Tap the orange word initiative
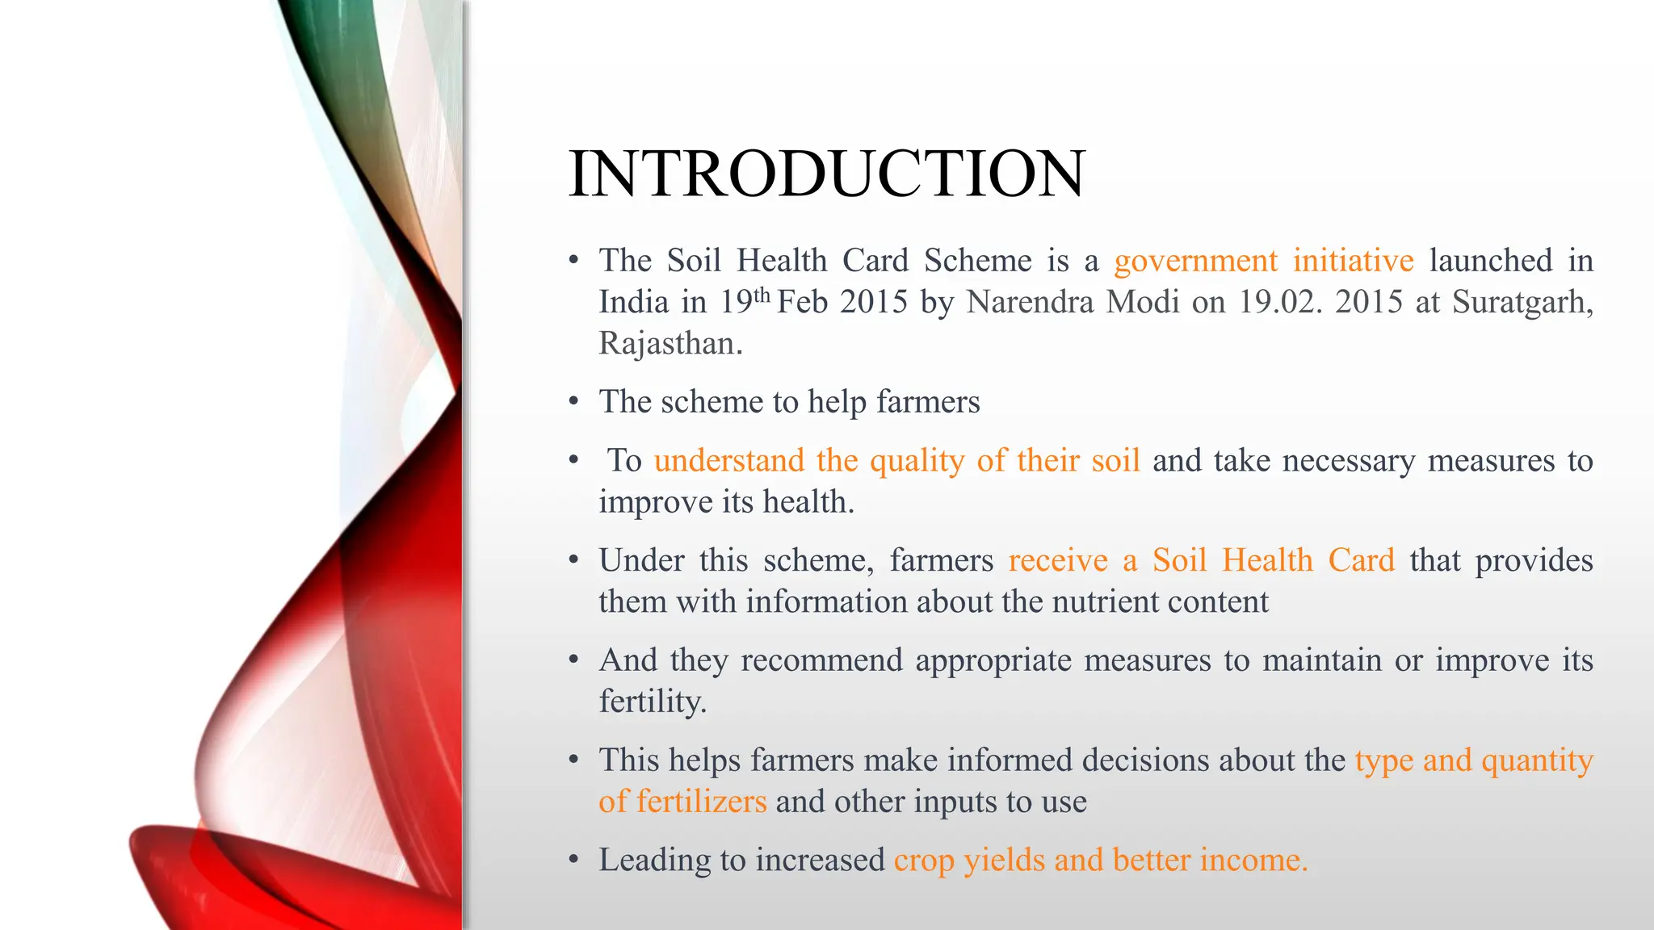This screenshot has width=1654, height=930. click(1353, 261)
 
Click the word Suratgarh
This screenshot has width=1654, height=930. click(1522, 303)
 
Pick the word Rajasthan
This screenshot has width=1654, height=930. click(670, 344)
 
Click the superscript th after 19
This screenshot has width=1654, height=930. click(761, 295)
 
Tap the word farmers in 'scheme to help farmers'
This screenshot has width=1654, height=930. click(928, 402)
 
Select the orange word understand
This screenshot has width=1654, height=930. click(728, 460)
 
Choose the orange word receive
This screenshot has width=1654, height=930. click(1058, 560)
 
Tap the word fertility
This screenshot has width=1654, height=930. click(652, 702)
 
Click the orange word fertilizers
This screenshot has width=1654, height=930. click(701, 802)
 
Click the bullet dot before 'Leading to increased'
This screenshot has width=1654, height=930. click(573, 860)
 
